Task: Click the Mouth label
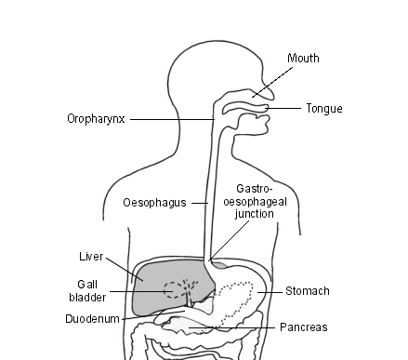303,59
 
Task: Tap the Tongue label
324,109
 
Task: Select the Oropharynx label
97,119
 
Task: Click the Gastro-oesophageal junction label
255,200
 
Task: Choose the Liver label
90,254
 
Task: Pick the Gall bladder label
90,290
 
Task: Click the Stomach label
307,291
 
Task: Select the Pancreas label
303,327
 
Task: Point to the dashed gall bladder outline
174,289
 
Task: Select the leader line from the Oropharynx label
172,119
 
